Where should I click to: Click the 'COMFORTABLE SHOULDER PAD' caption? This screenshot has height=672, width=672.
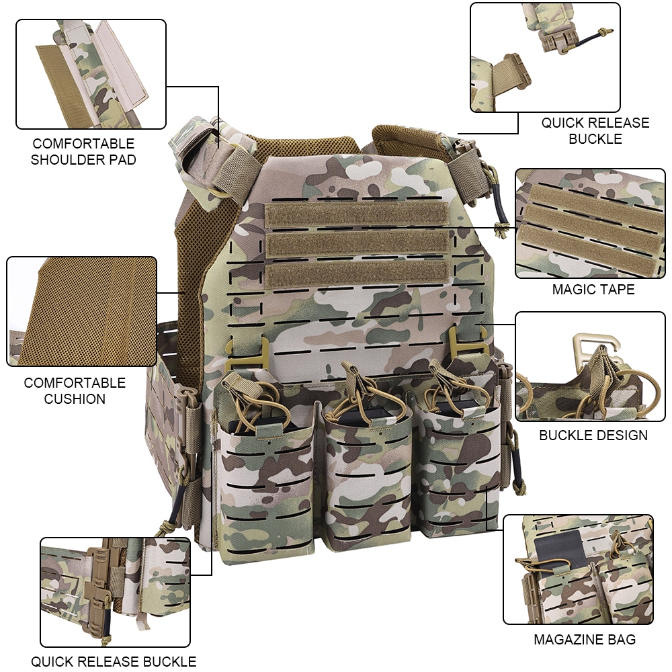point(83,151)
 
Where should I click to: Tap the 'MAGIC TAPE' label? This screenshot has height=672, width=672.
point(593,289)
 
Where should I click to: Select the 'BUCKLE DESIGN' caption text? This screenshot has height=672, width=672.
point(593,435)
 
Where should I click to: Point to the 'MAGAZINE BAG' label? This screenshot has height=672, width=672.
point(585,640)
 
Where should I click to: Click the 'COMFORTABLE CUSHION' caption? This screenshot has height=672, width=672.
point(75,390)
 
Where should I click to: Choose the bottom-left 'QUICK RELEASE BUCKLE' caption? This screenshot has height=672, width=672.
point(114,661)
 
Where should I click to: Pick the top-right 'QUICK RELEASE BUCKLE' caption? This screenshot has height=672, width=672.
point(595,131)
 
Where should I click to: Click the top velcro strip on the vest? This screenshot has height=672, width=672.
point(357,214)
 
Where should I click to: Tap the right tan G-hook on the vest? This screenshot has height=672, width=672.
point(468,339)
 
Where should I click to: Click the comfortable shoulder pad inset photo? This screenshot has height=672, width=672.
point(91,74)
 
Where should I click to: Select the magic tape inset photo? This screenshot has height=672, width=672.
point(590,223)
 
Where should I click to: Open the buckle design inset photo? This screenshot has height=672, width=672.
point(590,366)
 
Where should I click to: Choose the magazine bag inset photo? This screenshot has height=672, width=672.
point(578,570)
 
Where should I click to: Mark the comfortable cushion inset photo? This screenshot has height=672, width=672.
point(81,312)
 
